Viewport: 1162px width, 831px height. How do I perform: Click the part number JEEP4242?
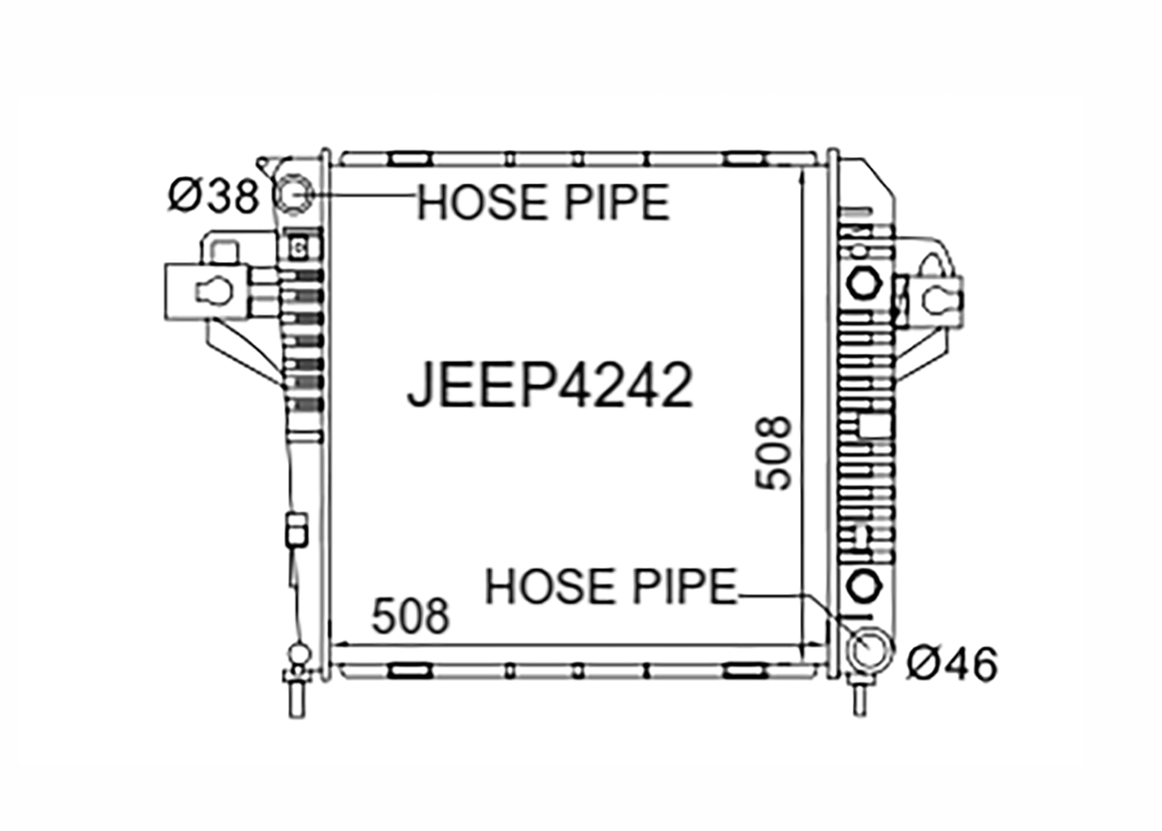(x=549, y=385)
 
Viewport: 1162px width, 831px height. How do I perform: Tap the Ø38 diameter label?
(x=213, y=196)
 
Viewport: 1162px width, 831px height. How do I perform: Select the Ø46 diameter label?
(x=952, y=664)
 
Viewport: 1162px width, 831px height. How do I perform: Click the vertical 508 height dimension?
(x=773, y=453)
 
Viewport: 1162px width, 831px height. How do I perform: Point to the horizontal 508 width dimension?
(x=411, y=617)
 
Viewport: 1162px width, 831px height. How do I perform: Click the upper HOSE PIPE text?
(x=544, y=202)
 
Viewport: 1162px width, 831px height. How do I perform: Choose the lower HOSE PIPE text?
(x=611, y=586)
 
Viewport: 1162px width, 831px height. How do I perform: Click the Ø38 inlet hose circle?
(x=295, y=195)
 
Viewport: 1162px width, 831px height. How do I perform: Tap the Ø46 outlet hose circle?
(x=871, y=648)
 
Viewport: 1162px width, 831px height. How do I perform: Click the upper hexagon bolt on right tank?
(x=863, y=283)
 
